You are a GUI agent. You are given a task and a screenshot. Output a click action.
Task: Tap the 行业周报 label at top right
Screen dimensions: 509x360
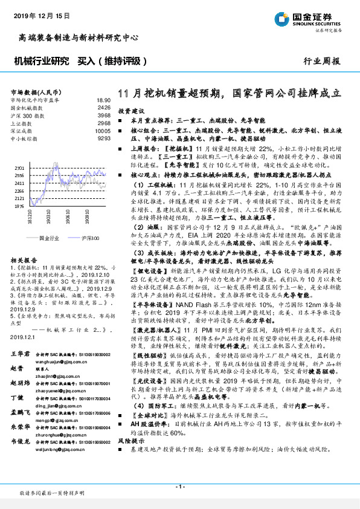point(321,61)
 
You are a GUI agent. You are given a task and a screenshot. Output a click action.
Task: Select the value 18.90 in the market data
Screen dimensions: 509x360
point(103,100)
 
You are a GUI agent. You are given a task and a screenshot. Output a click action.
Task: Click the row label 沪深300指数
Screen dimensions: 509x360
point(27,115)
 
